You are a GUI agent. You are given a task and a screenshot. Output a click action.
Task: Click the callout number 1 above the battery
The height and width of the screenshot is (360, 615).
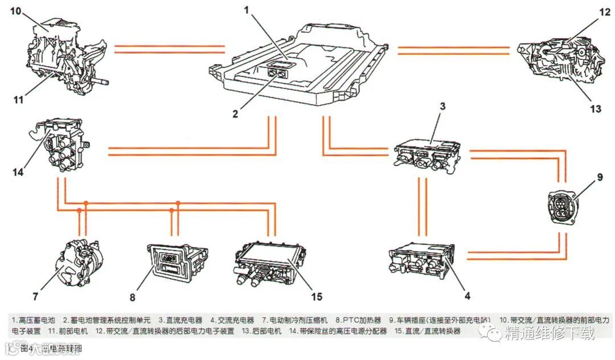click(247, 9)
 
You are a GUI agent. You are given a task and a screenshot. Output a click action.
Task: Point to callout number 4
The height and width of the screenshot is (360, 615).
click(468, 296)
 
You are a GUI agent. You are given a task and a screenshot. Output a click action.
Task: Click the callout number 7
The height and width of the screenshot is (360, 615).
click(36, 296)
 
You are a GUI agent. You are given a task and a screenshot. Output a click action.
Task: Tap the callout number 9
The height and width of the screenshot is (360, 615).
click(600, 177)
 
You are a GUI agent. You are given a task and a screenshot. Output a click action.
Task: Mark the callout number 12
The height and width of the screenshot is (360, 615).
click(605, 19)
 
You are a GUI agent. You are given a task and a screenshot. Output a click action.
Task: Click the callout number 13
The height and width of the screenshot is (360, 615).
click(596, 109)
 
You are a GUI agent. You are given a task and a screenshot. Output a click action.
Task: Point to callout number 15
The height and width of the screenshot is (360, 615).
click(317, 296)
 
